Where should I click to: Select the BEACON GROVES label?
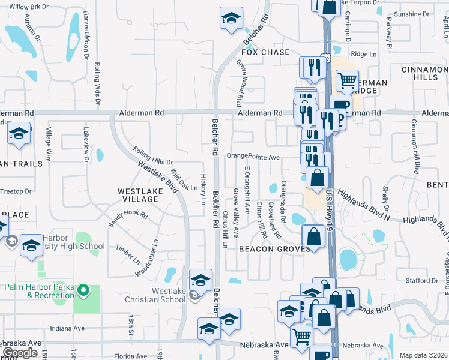tap(268, 248)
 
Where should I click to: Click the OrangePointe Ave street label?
tap(253, 157)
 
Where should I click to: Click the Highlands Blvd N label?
tap(364, 205)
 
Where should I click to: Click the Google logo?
tap(20, 353)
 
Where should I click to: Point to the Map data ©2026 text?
tap(423, 355)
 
